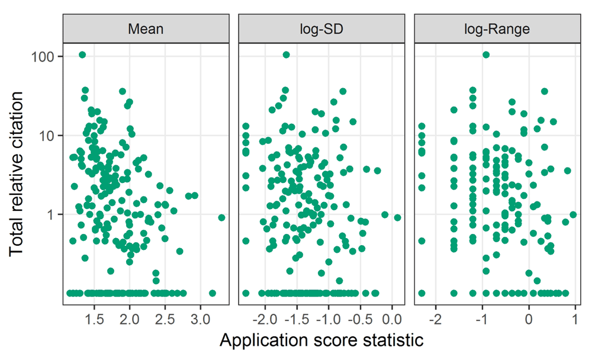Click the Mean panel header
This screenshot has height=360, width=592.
(146, 28)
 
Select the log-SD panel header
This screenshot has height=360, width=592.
(321, 28)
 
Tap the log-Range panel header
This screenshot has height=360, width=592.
(497, 28)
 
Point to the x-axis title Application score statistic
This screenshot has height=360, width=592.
(321, 341)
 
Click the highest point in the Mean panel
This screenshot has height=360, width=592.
(82, 55)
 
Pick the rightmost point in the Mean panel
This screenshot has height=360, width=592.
(221, 217)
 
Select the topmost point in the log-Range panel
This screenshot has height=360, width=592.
(486, 55)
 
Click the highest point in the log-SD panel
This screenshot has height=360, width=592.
(286, 55)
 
